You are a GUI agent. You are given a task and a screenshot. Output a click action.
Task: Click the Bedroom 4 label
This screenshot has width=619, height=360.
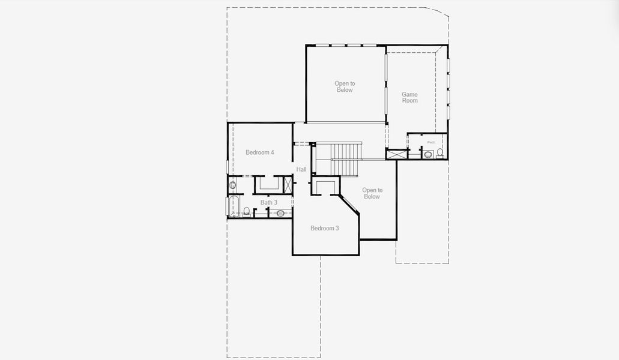[259, 152]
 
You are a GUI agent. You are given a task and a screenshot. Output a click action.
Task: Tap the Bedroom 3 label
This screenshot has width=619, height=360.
[324, 228]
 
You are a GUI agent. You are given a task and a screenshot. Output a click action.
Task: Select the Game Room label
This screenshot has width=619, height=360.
[409, 97]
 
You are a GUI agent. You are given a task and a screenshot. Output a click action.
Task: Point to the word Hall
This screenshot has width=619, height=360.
[301, 169]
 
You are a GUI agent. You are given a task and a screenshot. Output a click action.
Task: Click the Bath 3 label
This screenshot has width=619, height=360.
[268, 202]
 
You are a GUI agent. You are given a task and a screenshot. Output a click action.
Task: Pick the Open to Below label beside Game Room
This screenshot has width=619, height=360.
[344, 86]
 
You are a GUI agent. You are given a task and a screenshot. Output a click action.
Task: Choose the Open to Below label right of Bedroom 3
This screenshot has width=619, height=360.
[372, 193]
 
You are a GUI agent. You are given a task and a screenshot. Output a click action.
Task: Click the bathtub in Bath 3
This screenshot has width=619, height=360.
[234, 206]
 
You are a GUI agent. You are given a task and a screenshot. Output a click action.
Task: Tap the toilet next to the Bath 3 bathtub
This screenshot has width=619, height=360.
[246, 211]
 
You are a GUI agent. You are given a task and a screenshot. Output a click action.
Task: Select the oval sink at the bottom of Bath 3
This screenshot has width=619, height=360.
[280, 213]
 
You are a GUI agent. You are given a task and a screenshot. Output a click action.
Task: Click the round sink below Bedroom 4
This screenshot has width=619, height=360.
[232, 185]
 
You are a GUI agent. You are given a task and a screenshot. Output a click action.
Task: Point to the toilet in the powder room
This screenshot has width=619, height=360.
[440, 153]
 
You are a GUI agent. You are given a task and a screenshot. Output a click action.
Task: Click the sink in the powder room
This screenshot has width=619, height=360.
[428, 154]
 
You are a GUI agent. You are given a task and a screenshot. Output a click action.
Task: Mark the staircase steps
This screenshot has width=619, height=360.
[346, 158]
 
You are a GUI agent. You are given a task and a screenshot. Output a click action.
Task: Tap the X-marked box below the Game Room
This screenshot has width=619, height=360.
[396, 154]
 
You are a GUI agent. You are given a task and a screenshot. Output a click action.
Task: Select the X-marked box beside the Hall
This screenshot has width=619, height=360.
[288, 184]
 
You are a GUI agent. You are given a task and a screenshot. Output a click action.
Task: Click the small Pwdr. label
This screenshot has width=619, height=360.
[431, 142]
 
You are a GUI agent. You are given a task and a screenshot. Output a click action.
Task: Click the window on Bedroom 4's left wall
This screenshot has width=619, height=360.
[227, 167]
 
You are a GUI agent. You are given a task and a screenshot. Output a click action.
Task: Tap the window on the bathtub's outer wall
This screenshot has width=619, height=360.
[228, 206]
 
